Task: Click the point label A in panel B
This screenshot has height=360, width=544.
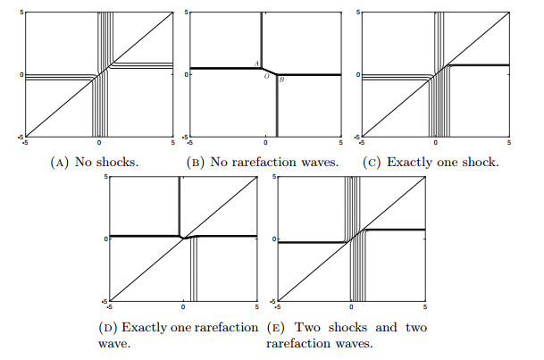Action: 256,63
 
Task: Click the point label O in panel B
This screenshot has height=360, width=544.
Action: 266,76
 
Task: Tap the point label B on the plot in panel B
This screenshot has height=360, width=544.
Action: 281,80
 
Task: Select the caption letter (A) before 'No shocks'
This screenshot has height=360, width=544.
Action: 59,163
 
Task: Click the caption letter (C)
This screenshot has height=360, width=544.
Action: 372,163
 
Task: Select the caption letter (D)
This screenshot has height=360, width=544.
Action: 108,328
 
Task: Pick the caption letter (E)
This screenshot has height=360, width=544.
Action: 276,328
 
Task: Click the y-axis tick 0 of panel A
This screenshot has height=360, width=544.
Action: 21,75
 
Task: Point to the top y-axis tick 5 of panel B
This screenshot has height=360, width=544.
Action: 187,13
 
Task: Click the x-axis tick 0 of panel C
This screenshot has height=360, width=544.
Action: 435,143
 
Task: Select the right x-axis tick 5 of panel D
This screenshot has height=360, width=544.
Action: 256,307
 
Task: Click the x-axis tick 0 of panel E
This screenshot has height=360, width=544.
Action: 351,307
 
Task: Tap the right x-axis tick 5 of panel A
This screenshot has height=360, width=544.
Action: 172,143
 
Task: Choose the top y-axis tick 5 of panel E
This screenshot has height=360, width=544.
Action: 274,177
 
